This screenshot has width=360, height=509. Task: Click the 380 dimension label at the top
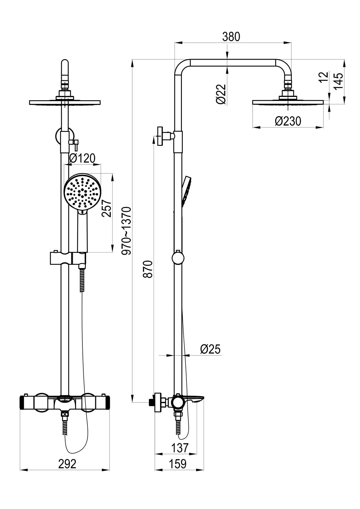231,37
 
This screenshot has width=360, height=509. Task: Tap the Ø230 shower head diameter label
288,121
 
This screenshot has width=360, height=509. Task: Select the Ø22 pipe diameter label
221,94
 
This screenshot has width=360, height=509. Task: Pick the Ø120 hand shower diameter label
82,158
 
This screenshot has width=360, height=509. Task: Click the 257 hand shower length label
106,209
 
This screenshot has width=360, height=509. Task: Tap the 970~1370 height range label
126,231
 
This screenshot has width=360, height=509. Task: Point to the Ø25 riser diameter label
210,349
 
